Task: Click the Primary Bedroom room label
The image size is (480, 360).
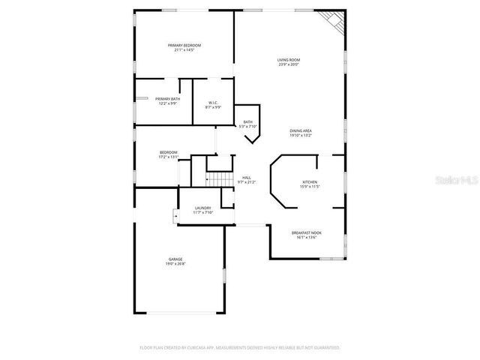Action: pyautogui.click(x=184, y=45)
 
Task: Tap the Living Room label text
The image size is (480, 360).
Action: pyautogui.click(x=289, y=59)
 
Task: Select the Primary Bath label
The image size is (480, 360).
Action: pyautogui.click(x=167, y=98)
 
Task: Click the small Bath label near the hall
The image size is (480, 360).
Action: pyautogui.click(x=247, y=121)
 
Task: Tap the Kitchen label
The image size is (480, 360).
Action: pyautogui.click(x=310, y=181)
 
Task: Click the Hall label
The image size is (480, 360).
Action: pyautogui.click(x=246, y=177)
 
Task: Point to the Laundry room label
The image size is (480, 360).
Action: pyautogui.click(x=202, y=208)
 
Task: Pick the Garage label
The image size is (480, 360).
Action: pyautogui.click(x=175, y=259)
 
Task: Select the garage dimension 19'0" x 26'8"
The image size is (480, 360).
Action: pyautogui.click(x=175, y=265)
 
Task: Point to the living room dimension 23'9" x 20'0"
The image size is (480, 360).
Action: pyautogui.click(x=289, y=64)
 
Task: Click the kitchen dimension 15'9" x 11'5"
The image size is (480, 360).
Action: pyautogui.click(x=310, y=187)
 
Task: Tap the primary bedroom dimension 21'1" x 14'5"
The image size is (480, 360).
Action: pyautogui.click(x=184, y=50)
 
